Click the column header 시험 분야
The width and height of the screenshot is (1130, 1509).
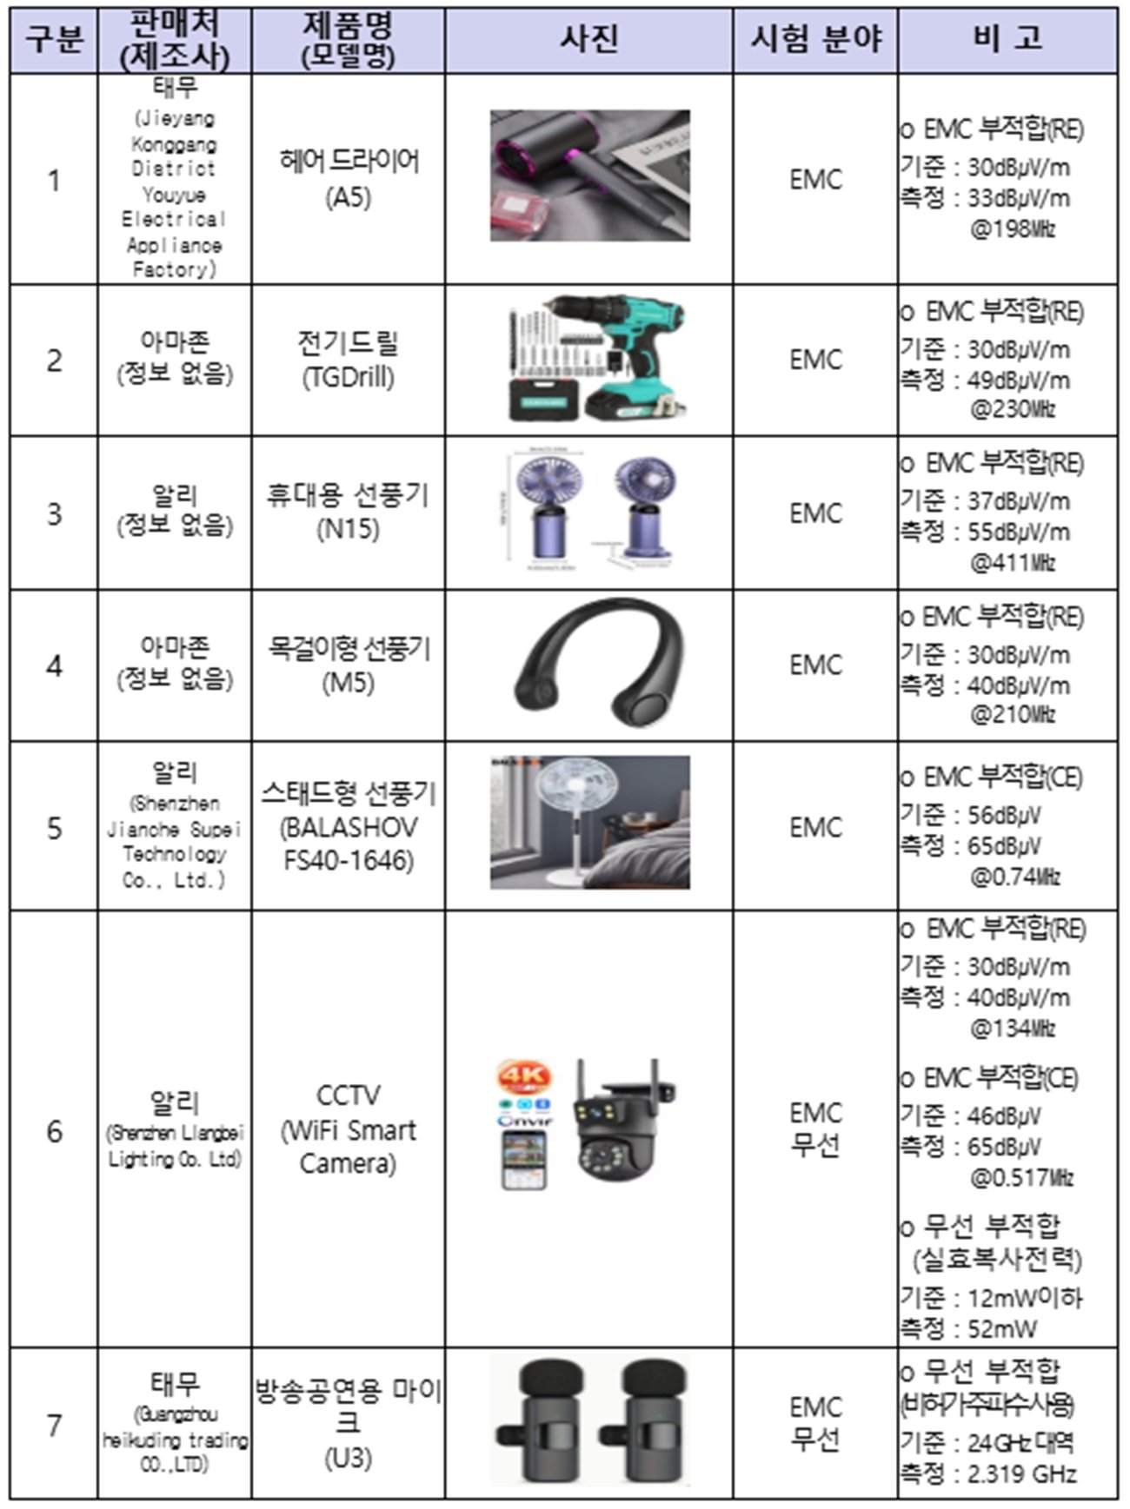click(814, 39)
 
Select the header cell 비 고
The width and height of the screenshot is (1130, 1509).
click(1007, 39)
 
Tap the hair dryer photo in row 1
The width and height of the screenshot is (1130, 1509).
click(589, 175)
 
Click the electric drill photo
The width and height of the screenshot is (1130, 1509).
click(595, 359)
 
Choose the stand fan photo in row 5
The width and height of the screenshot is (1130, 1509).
click(589, 822)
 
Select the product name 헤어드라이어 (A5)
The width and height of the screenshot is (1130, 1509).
click(349, 178)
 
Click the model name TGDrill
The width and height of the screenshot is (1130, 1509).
click(349, 377)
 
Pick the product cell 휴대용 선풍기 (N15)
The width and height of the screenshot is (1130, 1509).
click(348, 511)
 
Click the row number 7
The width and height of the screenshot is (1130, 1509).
click(54, 1426)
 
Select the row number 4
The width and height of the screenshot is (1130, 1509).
click(54, 666)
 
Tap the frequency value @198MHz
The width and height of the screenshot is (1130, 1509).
click(1013, 230)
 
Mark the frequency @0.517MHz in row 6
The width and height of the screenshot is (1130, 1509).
click(1021, 1178)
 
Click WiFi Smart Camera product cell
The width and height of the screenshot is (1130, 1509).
click(349, 1129)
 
